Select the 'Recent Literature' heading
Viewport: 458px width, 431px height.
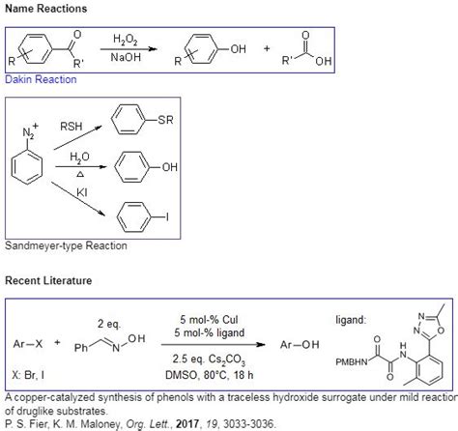coord(48,281)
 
